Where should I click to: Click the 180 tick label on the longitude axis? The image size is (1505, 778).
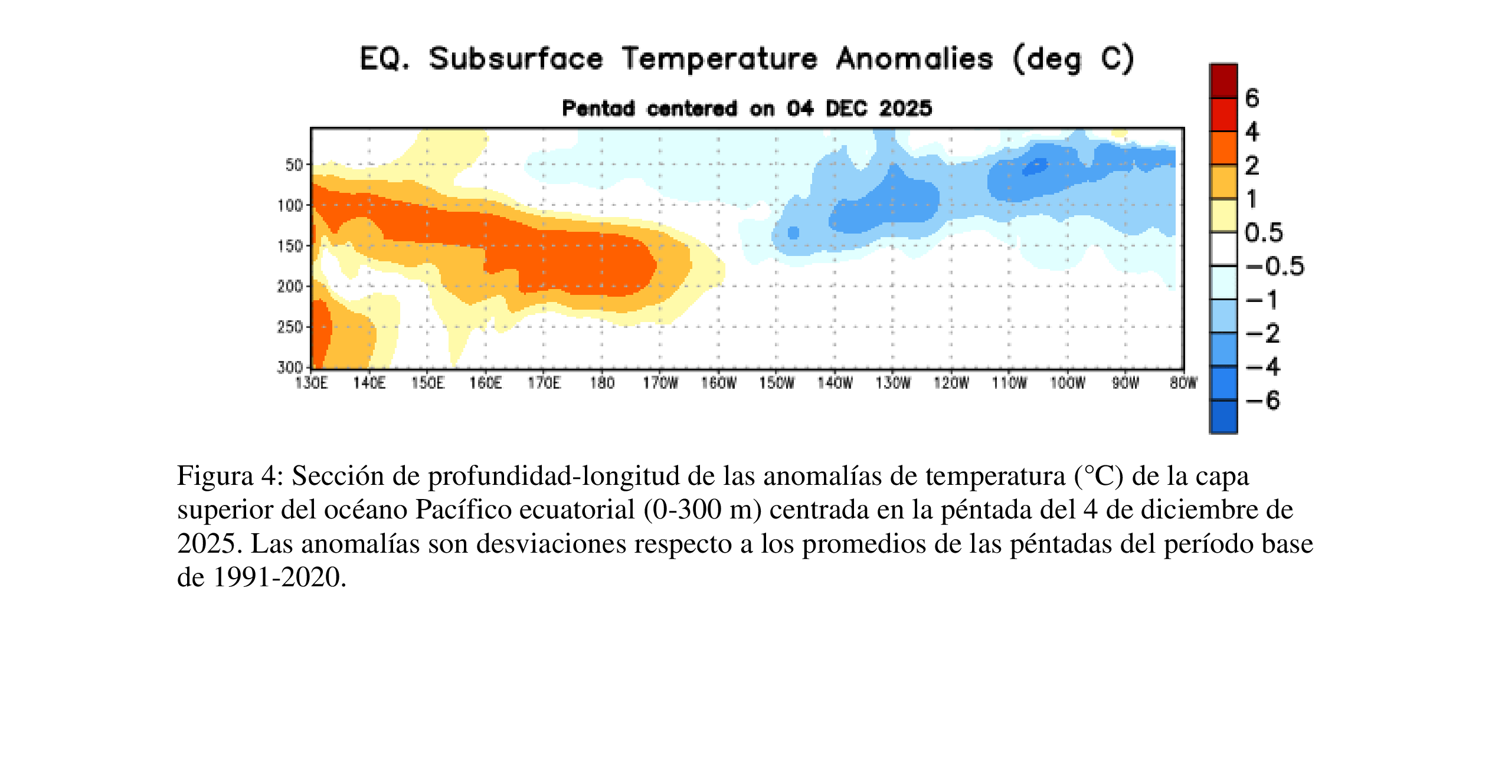[602, 383]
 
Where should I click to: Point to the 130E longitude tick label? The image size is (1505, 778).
[311, 383]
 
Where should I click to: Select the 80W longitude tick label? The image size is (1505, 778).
[1183, 383]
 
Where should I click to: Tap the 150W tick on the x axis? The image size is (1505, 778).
[776, 383]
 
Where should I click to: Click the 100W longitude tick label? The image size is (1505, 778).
[1067, 383]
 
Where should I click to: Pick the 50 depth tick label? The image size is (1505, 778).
[294, 165]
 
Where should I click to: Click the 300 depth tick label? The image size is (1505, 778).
[290, 367]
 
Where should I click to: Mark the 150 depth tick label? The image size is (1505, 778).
[290, 246]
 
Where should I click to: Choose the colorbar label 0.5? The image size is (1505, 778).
[1264, 233]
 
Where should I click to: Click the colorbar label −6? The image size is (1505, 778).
[1262, 401]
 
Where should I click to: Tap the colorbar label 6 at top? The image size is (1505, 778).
[1252, 98]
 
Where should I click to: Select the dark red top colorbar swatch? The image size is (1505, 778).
[1223, 81]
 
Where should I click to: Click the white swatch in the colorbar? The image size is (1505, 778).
[1223, 249]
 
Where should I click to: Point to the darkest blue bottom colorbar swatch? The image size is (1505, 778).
[1223, 417]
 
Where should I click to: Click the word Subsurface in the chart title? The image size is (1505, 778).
[516, 59]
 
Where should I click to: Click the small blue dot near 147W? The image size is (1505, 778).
[793, 233]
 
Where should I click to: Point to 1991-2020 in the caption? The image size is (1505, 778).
[279, 577]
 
